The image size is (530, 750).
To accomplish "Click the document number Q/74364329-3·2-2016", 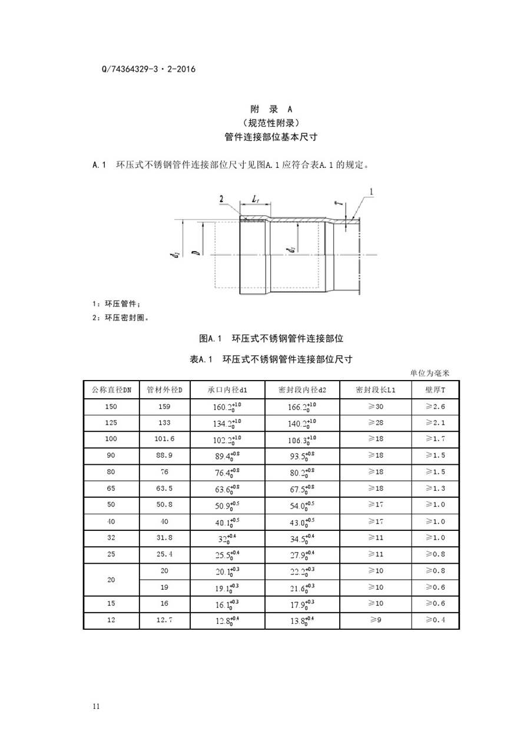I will [x=148, y=69].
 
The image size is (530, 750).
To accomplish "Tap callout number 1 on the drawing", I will [x=372, y=191].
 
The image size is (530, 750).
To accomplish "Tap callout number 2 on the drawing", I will [x=221, y=200].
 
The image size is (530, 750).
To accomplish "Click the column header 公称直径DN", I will [x=111, y=390].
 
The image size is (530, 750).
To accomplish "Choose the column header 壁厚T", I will [x=435, y=390].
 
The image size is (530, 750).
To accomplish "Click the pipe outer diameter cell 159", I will [x=165, y=407].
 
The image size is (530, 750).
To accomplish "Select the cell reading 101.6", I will [x=165, y=439].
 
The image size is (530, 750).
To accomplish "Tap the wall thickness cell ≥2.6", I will [x=435, y=407].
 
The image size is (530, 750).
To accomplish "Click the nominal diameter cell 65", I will [x=111, y=488].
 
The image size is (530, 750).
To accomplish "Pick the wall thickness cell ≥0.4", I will [x=435, y=620].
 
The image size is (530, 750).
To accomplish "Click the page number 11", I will [x=97, y=706].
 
